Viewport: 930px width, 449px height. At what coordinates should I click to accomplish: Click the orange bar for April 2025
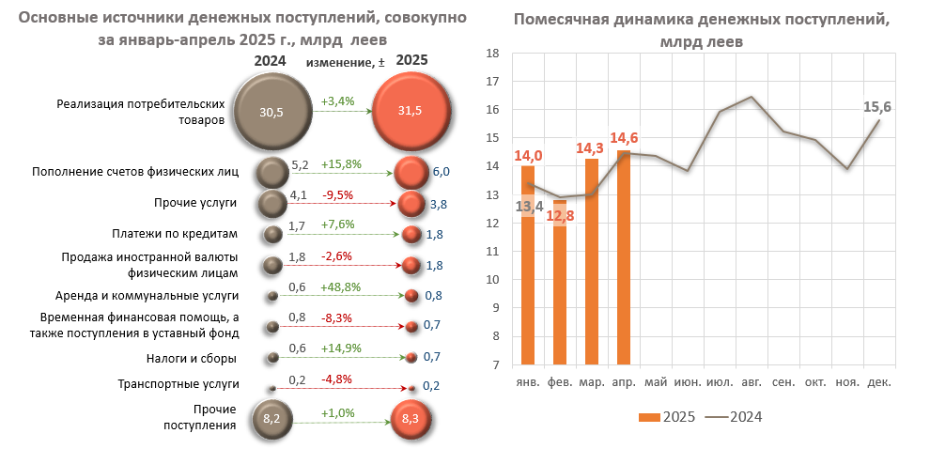[625, 257]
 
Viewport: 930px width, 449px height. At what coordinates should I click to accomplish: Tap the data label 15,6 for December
[876, 107]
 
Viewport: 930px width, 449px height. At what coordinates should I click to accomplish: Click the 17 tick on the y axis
[489, 82]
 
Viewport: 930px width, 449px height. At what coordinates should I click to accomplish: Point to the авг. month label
[752, 382]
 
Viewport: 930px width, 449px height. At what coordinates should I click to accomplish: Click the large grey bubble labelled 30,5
[271, 112]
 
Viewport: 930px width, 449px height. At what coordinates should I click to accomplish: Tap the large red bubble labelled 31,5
[411, 112]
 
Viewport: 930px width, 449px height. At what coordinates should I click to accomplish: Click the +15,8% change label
[341, 164]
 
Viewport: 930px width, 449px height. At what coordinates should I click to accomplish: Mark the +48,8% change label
[342, 287]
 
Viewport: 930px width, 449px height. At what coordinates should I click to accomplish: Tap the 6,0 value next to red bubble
[442, 172]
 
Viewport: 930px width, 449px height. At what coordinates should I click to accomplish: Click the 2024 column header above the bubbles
[270, 61]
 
